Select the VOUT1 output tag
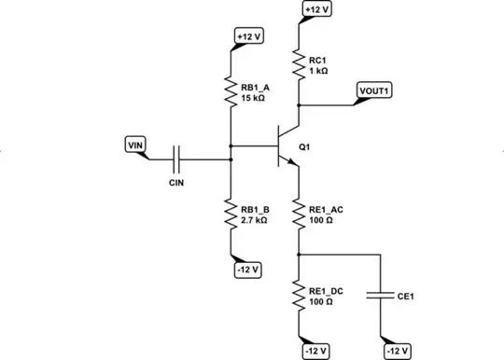(375, 91)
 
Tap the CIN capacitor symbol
(176, 159)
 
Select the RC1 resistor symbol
(299, 63)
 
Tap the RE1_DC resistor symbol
(299, 297)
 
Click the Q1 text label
(304, 146)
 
